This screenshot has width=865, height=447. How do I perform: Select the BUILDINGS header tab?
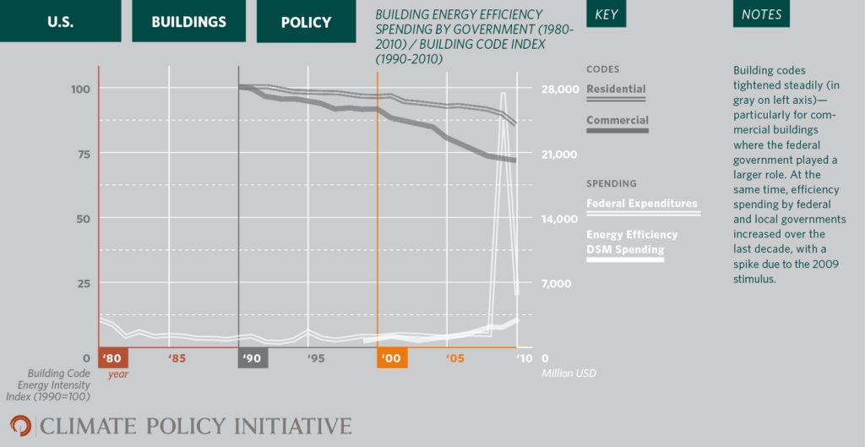point(188,21)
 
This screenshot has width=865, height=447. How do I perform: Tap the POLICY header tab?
point(306,21)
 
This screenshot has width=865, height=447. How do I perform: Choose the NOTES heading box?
point(761,14)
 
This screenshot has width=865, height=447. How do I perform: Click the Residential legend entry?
point(616,90)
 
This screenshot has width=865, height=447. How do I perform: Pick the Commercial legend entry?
point(617,121)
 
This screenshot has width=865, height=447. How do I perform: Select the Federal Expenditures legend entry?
point(642,204)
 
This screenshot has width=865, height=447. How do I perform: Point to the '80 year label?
point(112,358)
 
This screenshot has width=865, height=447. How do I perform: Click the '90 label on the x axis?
point(253,358)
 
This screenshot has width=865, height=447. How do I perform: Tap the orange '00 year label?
point(391,358)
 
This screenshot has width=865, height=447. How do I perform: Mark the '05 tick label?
point(455,358)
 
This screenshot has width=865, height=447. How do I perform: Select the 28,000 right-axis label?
point(558,89)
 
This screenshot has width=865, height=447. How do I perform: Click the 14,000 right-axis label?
point(558,218)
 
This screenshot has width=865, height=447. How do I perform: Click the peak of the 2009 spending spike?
point(503,94)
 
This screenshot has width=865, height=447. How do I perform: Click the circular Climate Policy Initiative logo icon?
point(20,426)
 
